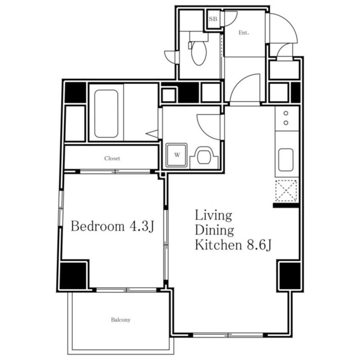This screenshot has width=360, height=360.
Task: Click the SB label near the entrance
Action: click(213, 19)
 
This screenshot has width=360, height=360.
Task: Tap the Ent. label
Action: click(243, 33)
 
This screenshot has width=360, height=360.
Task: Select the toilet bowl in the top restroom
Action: click(199, 53)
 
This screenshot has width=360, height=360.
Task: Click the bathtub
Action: click(106, 114)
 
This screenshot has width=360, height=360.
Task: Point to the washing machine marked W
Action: click(177, 155)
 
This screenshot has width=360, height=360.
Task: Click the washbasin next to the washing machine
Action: click(204, 157)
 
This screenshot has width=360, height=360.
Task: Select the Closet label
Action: click(112, 158)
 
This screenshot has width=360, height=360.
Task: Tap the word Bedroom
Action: click(97, 226)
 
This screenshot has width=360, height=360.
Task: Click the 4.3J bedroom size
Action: click(142, 226)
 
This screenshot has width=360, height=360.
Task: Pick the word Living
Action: click(213, 215)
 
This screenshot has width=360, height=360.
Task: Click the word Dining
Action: click(214, 230)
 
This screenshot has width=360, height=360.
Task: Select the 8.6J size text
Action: click(259, 245)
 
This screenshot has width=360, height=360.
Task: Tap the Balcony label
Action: click(120, 320)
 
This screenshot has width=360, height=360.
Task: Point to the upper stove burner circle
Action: click(286, 113)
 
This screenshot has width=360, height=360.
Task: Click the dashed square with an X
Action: click(286, 191)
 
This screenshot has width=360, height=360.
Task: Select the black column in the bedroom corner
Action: click(73, 275)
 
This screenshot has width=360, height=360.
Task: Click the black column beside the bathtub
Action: click(75, 92)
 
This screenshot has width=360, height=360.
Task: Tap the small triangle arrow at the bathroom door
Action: click(152, 134)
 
